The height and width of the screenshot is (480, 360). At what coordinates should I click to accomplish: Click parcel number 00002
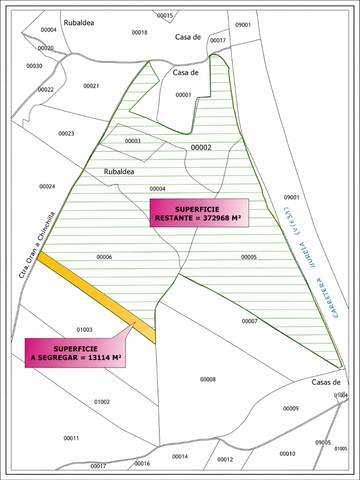(201, 147)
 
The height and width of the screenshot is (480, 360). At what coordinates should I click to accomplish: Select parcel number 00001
(183, 95)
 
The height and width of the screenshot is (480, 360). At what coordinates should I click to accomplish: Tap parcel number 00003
(132, 141)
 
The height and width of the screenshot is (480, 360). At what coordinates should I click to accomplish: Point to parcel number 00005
(249, 257)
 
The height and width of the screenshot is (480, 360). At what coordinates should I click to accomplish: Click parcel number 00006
(104, 257)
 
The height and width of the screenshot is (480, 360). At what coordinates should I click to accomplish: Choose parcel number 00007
(250, 321)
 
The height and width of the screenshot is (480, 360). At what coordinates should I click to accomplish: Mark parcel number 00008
(208, 379)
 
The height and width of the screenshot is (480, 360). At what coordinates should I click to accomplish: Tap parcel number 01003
(84, 328)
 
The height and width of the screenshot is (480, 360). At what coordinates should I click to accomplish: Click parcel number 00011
(71, 438)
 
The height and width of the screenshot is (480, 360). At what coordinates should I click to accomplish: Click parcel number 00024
(46, 186)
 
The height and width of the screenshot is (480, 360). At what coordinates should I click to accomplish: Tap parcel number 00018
(139, 32)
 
